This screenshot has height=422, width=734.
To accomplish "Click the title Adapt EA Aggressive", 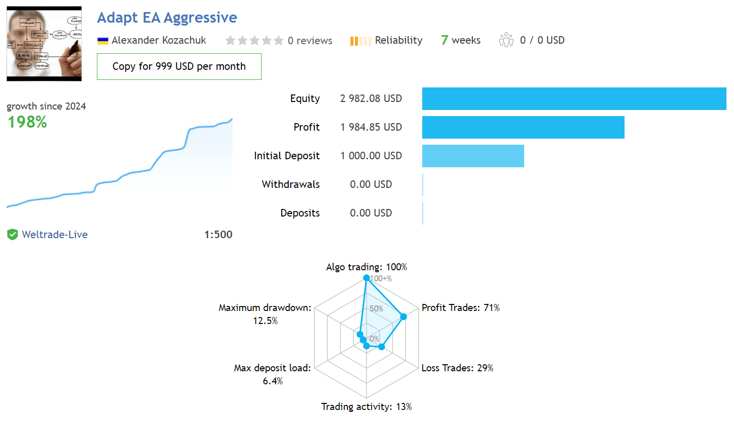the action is click(x=167, y=18).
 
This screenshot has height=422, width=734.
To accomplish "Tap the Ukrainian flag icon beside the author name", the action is click(x=103, y=41).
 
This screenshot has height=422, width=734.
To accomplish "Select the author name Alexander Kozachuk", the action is click(x=159, y=40).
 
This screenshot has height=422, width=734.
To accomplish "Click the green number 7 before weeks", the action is click(x=444, y=40).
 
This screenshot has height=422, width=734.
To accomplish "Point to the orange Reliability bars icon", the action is click(x=360, y=41).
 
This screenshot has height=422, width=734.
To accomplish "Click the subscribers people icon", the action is click(x=506, y=40).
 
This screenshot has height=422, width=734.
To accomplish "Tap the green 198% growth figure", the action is click(x=27, y=122).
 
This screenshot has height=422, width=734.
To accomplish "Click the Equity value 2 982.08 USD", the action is click(x=371, y=98).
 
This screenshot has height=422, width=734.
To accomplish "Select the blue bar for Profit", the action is click(x=523, y=127).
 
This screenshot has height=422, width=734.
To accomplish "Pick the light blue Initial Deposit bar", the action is click(x=473, y=156).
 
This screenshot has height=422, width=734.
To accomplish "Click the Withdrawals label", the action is click(x=291, y=184).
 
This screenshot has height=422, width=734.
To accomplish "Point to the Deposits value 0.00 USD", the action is click(x=371, y=213).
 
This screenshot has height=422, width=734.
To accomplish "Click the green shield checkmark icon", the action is click(x=13, y=235).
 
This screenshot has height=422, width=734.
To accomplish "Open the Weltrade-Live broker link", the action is click(x=55, y=235).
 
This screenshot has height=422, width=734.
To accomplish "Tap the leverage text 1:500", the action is click(x=218, y=235).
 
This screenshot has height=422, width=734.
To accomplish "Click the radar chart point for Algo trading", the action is click(x=366, y=278).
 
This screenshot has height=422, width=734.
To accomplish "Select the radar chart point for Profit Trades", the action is click(x=404, y=316).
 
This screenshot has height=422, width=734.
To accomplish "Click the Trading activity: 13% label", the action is click(x=366, y=406).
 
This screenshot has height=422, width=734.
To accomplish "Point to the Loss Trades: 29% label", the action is click(x=457, y=368).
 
